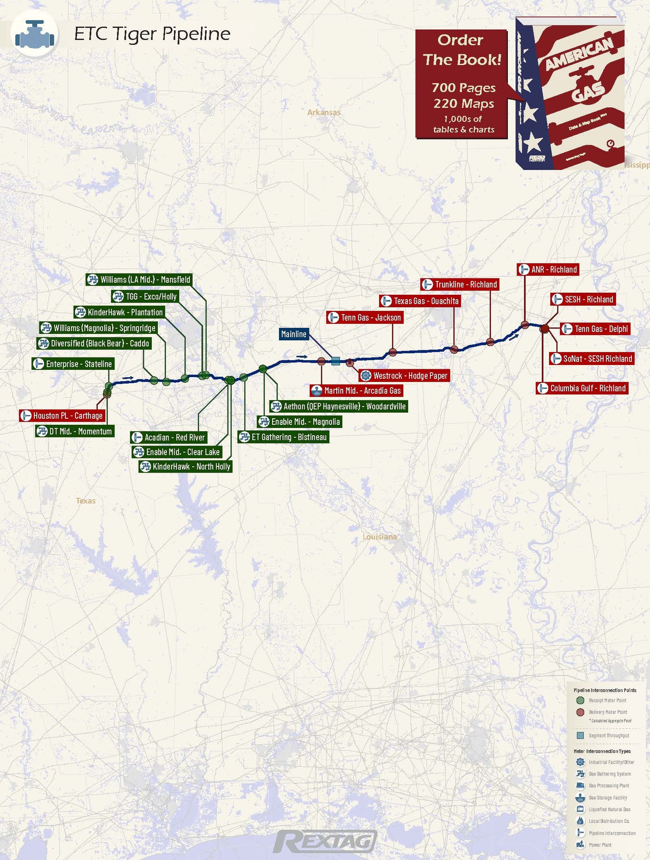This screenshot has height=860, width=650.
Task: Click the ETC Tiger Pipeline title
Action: tap(152, 34)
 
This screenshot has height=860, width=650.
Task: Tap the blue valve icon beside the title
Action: tap(35, 35)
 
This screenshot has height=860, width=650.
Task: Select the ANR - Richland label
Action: tap(548, 270)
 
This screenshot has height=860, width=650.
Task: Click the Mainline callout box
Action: tap(294, 334)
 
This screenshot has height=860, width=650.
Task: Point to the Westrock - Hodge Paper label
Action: tap(405, 376)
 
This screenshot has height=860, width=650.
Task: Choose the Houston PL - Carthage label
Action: tap(62, 416)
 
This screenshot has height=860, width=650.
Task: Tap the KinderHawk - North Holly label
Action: tap(185, 467)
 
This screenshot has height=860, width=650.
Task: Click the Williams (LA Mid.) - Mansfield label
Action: tap(139, 280)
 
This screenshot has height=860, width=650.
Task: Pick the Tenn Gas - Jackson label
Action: tap(365, 318)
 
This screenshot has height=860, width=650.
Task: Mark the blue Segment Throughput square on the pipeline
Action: tap(335, 361)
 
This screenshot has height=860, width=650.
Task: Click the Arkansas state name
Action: tap(324, 112)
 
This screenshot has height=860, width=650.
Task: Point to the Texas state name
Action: tap(85, 501)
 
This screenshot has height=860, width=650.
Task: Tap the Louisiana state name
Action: tap(380, 537)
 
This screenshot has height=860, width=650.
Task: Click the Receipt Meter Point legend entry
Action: tap(607, 700)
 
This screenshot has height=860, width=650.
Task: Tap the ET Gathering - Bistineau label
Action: tap(284, 437)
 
